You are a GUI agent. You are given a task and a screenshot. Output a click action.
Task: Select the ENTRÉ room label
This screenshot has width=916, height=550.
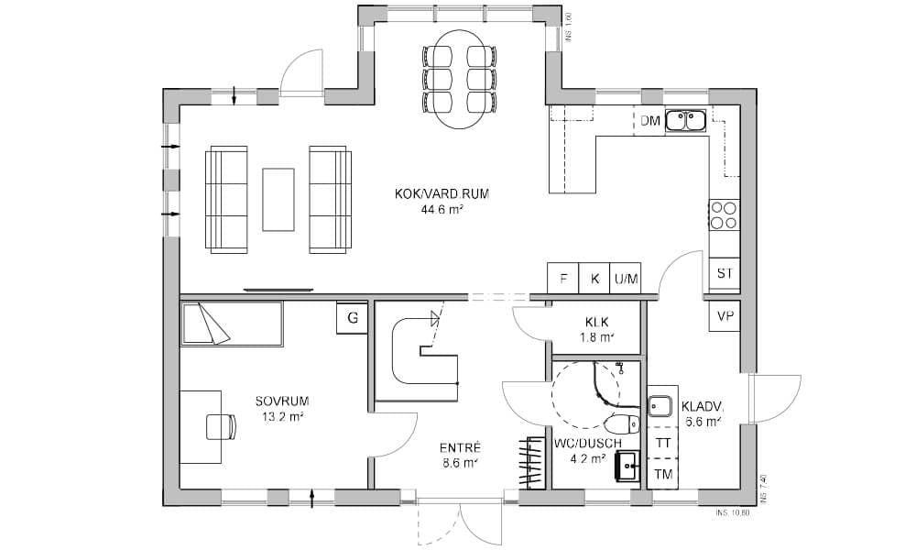tap(460, 448)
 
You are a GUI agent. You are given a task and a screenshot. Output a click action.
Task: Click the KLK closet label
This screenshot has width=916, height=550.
tap(597, 323)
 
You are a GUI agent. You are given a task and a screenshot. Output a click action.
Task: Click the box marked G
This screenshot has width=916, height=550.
tap(353, 317)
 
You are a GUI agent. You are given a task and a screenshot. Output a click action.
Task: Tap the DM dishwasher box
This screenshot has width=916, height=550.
tap(650, 121)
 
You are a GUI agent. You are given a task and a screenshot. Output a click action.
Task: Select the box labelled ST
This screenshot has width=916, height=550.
tap(725, 273)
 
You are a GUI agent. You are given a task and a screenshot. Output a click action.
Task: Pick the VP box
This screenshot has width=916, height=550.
tap(725, 316)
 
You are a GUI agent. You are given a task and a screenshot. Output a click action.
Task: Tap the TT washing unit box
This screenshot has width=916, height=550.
tap(662, 443)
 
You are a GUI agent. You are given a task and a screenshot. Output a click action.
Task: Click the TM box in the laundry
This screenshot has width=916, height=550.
tap(662, 474)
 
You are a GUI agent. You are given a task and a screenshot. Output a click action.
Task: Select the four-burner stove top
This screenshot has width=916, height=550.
tap(724, 214)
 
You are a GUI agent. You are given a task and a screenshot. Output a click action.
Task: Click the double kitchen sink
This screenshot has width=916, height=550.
tap(684, 119)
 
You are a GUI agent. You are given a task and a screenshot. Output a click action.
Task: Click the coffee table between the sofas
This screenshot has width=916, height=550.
tap(278, 199)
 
